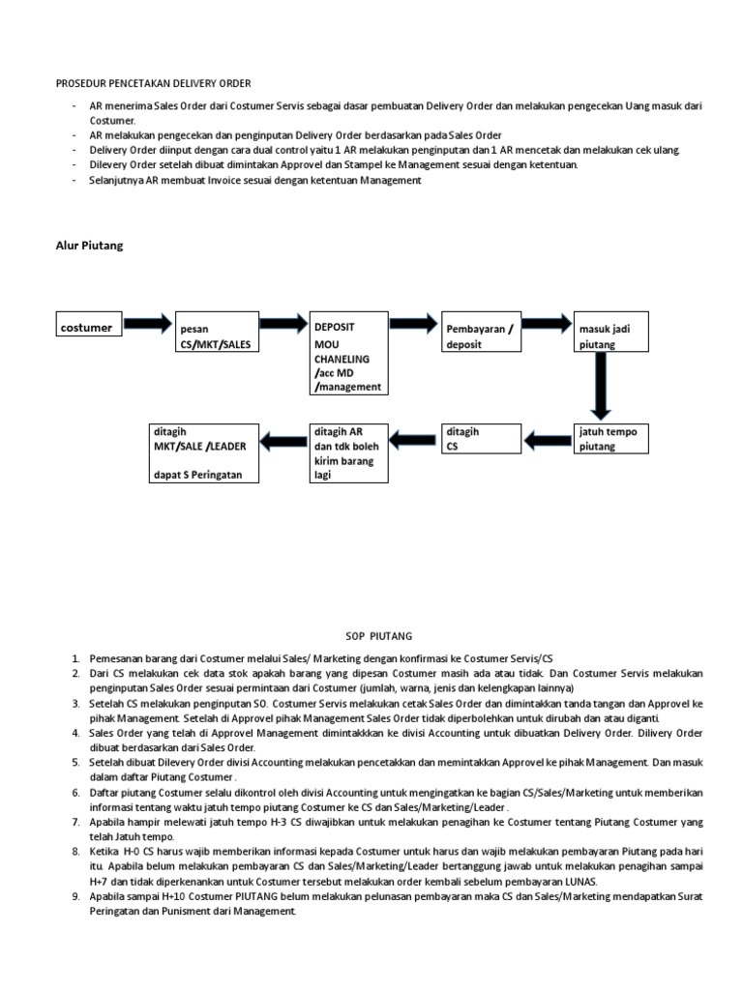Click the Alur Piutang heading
click(89, 246)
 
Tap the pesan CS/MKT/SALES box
click(216, 335)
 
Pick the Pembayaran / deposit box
click(481, 335)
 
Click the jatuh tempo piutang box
click(611, 439)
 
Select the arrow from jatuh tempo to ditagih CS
click(546, 442)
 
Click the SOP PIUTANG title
click(379, 636)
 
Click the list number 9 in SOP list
click(75, 896)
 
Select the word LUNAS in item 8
click(578, 882)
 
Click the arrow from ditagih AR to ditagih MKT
click(281, 442)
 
